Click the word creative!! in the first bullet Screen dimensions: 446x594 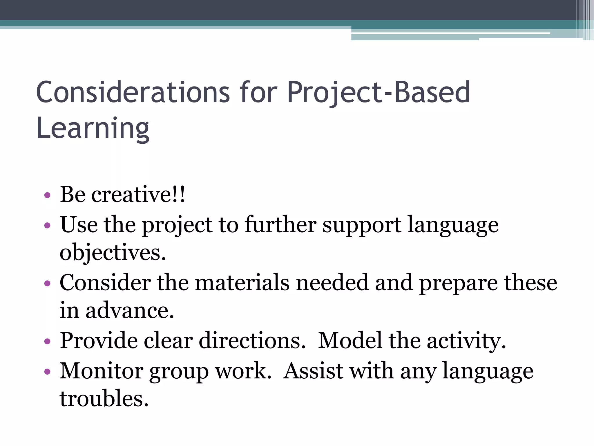pos(138,194)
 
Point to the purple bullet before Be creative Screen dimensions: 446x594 pos(48,195)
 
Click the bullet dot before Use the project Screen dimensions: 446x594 pos(48,225)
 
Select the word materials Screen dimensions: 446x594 pos(242,283)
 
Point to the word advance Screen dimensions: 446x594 pos(130,310)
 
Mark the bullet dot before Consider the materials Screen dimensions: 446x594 pos(48,283)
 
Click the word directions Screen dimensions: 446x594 pos(252,340)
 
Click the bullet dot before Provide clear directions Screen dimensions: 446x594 pos(48,341)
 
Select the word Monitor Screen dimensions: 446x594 pos(102,371)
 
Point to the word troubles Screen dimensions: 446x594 pos(104,398)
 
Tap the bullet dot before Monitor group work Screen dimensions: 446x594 pos(48,372)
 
